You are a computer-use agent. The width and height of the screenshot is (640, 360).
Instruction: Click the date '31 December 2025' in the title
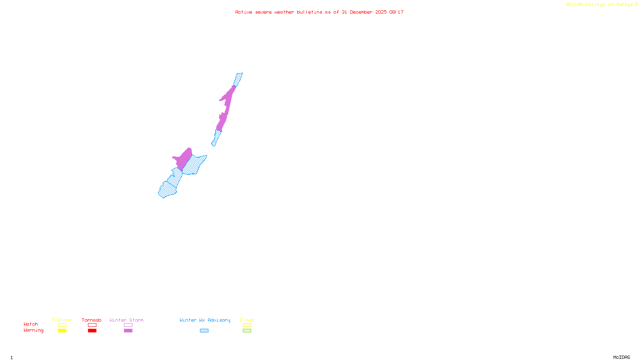[364, 12]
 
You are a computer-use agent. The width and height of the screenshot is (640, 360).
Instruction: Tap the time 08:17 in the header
[396, 12]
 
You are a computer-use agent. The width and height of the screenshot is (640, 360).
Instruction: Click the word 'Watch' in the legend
[31, 324]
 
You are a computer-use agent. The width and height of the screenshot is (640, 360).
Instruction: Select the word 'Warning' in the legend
[33, 330]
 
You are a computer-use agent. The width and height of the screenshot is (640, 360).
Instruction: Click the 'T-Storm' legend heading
[62, 320]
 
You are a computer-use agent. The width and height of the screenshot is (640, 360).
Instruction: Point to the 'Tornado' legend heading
[92, 320]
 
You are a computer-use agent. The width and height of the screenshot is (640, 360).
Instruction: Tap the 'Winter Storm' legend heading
[126, 320]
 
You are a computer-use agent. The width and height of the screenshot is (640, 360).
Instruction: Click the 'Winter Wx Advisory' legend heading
[205, 320]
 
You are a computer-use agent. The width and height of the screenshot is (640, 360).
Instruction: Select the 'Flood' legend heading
[247, 320]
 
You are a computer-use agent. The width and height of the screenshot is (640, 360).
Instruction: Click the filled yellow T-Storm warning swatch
[62, 331]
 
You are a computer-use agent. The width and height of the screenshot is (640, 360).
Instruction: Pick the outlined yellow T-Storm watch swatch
[62, 325]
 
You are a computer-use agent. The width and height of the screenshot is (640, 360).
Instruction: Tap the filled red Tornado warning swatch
[92, 331]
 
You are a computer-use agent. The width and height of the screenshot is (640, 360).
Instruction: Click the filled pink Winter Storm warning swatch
[128, 331]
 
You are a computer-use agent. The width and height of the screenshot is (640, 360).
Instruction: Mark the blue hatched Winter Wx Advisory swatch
[204, 331]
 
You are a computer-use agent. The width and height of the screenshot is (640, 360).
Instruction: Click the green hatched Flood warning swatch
[247, 331]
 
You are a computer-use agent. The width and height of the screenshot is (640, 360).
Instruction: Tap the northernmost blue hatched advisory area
[238, 79]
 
